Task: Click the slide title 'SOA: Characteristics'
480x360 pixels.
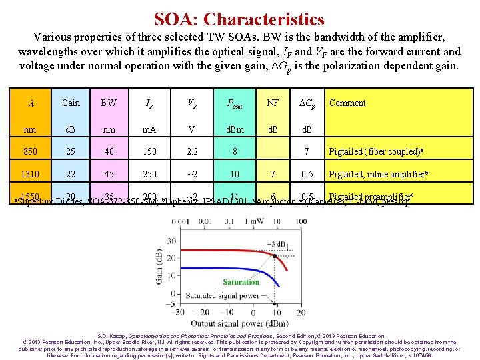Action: coord(239,20)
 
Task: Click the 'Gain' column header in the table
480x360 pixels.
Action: coord(71,103)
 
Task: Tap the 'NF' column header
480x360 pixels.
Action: coord(273,103)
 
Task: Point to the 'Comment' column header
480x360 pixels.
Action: coord(347,103)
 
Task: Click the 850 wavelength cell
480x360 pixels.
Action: coord(31,151)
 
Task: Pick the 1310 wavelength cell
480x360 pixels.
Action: coord(31,174)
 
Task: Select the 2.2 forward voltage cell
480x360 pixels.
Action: coord(191,151)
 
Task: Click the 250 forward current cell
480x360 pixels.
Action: coord(150,174)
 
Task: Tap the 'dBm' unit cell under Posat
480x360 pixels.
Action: coord(234,129)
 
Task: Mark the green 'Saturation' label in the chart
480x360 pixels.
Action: coord(241,282)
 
